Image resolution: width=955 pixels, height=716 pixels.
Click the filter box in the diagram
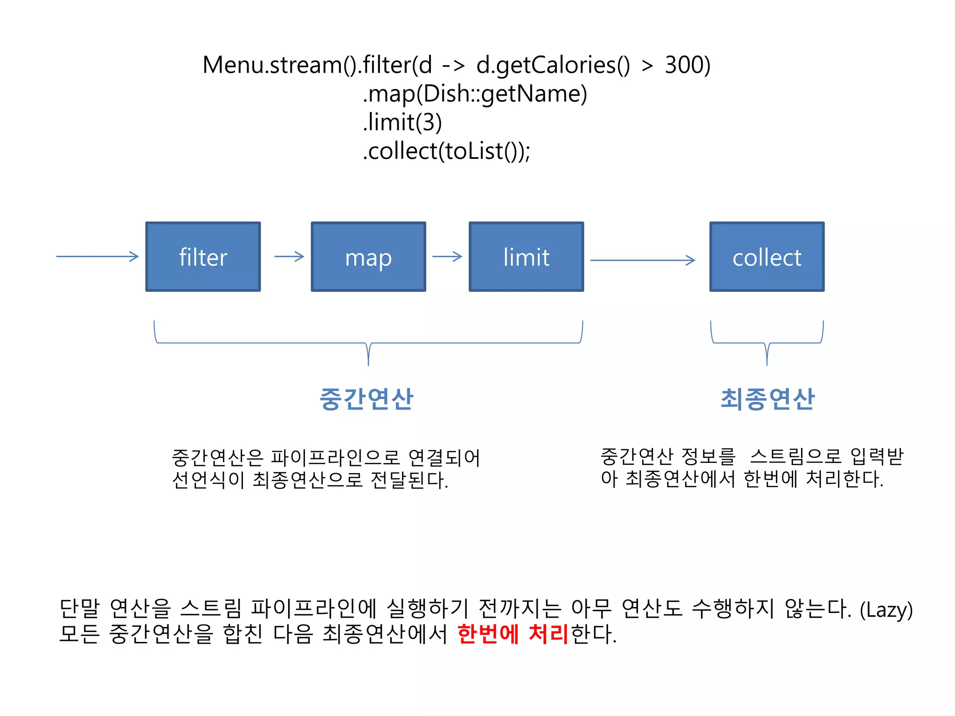click(x=203, y=257)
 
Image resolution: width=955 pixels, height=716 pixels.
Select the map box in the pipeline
click(x=368, y=257)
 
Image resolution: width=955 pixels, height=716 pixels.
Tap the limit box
click(x=526, y=257)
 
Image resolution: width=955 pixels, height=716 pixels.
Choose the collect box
click(x=767, y=257)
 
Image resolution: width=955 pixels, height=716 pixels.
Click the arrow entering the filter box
click(x=97, y=256)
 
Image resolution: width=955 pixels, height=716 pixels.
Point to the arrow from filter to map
click(x=289, y=256)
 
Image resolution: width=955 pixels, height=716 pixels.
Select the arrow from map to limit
click(x=447, y=256)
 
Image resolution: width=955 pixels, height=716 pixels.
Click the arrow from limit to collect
click(x=643, y=260)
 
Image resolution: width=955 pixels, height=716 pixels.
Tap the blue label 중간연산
click(x=367, y=399)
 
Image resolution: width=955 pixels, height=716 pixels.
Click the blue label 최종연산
click(x=768, y=399)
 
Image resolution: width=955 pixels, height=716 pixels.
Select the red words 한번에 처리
click(x=513, y=634)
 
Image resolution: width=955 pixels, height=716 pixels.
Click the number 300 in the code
click(x=687, y=65)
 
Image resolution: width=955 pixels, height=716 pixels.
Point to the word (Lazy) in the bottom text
click(x=886, y=609)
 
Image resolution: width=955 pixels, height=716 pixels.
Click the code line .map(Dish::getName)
click(x=475, y=94)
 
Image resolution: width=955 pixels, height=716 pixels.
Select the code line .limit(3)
click(x=402, y=122)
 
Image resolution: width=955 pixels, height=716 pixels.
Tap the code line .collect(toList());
click(x=446, y=151)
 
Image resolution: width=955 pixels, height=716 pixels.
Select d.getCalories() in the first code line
click(x=553, y=65)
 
